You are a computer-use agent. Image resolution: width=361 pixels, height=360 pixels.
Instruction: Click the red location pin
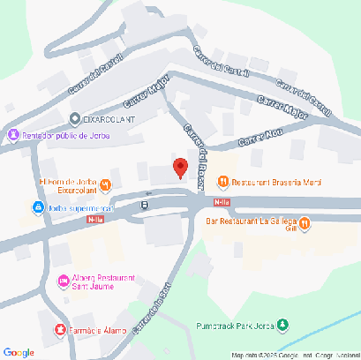[179, 167]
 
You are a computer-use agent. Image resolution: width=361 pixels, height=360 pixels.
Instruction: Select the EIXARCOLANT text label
[109, 117]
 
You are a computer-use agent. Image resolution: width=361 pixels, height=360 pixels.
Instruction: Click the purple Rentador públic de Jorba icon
[12, 135]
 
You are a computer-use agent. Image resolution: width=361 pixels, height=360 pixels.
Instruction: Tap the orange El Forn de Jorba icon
[105, 184]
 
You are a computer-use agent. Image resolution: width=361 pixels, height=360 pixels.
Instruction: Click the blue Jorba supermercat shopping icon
[38, 207]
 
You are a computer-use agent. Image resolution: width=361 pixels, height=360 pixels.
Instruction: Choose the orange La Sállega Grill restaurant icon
[304, 224]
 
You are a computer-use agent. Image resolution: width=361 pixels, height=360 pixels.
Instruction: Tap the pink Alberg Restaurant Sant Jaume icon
[63, 281]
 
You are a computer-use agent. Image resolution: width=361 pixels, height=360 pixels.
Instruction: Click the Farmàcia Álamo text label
[101, 330]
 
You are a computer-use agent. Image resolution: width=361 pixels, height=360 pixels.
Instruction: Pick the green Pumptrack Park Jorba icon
[282, 325]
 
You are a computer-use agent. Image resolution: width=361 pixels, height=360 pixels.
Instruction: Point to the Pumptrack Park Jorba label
[236, 325]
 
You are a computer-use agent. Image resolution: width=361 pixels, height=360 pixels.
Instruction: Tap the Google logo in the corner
[18, 351]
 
